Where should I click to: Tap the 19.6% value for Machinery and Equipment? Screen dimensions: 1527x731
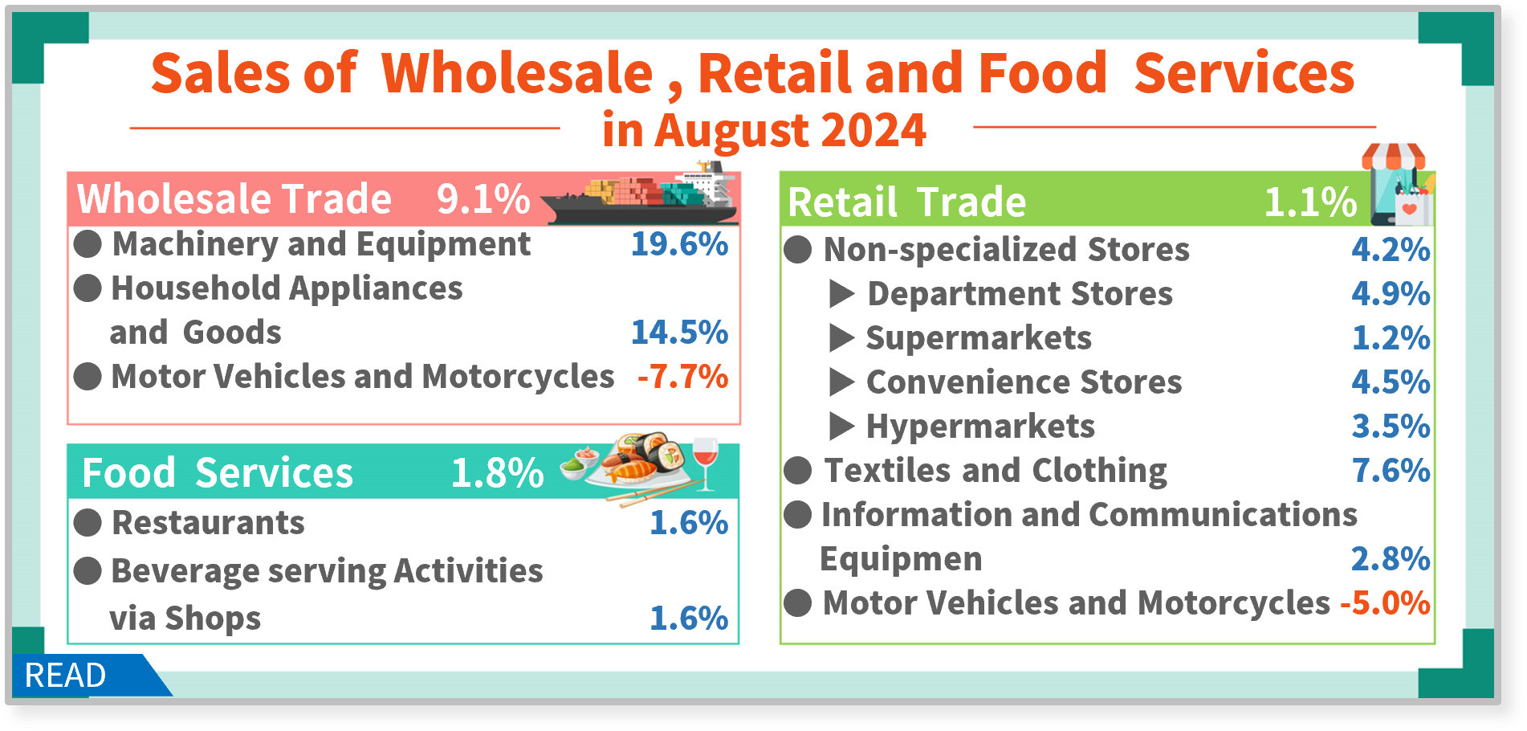[x=679, y=244]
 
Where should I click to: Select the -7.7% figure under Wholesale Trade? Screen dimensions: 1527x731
[x=682, y=377]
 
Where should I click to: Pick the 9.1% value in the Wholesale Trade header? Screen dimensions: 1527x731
[x=483, y=199]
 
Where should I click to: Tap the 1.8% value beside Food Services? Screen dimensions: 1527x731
[x=498, y=473]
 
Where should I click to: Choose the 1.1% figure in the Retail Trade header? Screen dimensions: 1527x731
[x=1311, y=202]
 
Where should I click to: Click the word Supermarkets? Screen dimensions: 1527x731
[x=979, y=338]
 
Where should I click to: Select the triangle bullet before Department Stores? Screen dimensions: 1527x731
[x=841, y=294]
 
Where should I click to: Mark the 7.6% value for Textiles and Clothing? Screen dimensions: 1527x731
[x=1391, y=471]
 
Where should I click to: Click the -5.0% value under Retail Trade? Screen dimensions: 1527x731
[x=1385, y=603]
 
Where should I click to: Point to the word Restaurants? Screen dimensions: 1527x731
[x=209, y=523]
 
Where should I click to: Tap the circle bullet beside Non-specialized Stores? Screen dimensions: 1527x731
[x=798, y=250]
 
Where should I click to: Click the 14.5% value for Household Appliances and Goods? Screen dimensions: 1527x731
[x=679, y=333]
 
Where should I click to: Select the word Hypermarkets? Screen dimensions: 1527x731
[x=980, y=427]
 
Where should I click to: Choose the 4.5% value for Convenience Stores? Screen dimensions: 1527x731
[x=1391, y=382]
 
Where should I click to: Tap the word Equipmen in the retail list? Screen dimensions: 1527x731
[x=901, y=560]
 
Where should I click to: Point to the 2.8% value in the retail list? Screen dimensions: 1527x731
[x=1391, y=559]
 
